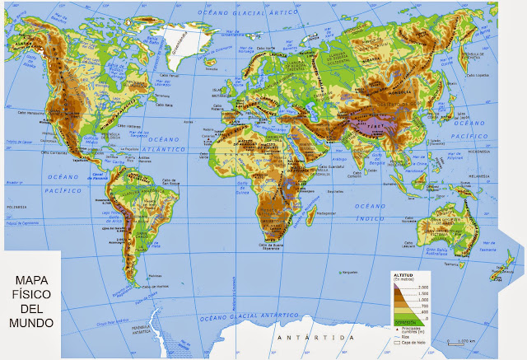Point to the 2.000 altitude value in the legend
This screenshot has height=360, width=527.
coord(424,286)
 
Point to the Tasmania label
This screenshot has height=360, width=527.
coord(459,265)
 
